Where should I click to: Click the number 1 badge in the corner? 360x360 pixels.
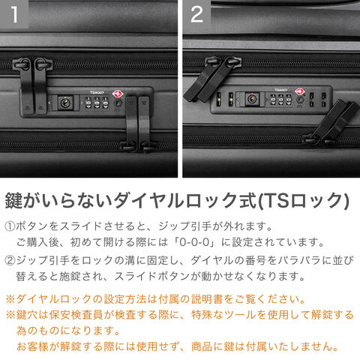pyautogui.click(x=14, y=14)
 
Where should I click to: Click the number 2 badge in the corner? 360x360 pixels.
pyautogui.click(x=196, y=14)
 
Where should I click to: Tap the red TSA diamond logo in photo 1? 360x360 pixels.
pyautogui.click(x=118, y=94)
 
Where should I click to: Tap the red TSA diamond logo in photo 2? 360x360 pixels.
pyautogui.click(x=300, y=91)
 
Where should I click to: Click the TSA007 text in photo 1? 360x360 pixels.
pyautogui.click(x=97, y=92)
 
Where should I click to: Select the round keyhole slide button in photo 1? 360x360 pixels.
pyautogui.click(x=65, y=103)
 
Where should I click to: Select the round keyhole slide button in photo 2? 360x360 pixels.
pyautogui.click(x=252, y=99)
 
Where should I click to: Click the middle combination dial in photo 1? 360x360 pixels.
pyautogui.click(x=97, y=103)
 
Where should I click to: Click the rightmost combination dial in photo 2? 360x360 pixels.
pyautogui.click(x=289, y=100)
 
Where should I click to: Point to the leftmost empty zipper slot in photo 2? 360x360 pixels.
pyautogui.click(x=219, y=99)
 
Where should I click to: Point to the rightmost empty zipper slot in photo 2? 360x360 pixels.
pyautogui.click(x=324, y=99)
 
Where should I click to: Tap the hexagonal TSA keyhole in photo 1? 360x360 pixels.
pyautogui.click(x=118, y=103)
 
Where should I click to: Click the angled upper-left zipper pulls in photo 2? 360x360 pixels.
pyautogui.click(x=211, y=79)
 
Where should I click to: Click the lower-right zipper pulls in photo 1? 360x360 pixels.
pyautogui.click(x=138, y=124)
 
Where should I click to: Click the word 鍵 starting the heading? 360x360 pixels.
pyautogui.click(x=14, y=200)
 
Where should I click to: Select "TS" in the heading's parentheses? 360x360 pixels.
pyautogui.click(x=274, y=200)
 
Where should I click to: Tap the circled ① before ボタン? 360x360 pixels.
pyautogui.click(x=10, y=226)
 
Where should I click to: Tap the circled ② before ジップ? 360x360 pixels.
pyautogui.click(x=10, y=261)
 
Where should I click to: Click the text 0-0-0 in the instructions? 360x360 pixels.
pyautogui.click(x=194, y=242)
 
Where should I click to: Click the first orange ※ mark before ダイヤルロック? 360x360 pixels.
pyautogui.click(x=10, y=299)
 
